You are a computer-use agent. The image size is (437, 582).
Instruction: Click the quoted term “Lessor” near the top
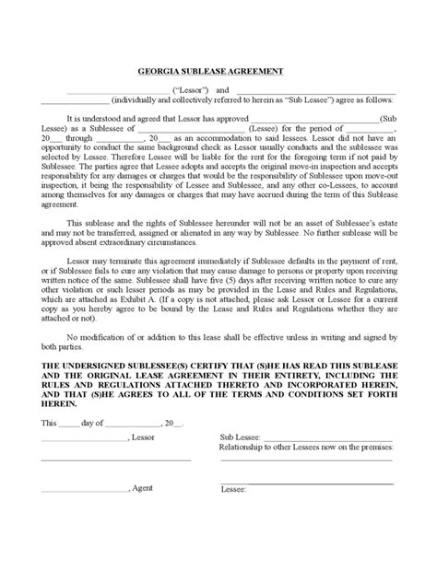[192, 90]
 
